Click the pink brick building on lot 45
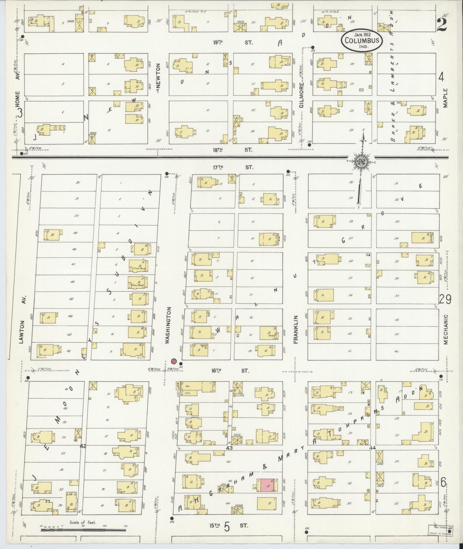click(267, 485)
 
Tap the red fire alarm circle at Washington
click(173, 361)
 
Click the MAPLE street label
click(445, 98)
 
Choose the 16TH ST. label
click(229, 371)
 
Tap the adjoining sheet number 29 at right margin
click(445, 299)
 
